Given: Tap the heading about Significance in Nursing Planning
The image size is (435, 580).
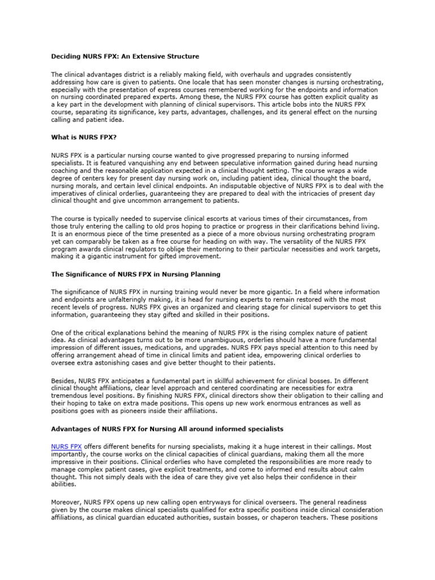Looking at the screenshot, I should click(136, 274).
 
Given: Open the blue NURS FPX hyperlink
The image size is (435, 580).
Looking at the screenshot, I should click(66, 446).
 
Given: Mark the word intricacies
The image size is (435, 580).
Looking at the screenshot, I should click(305, 193).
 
